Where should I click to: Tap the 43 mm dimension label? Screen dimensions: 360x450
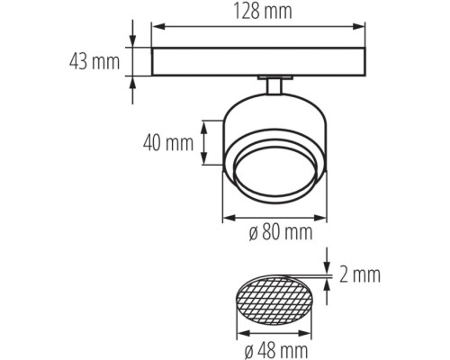point(95,62)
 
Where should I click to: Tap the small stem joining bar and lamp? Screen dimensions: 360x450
point(273,85)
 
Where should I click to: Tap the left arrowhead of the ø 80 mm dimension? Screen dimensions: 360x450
point(227,217)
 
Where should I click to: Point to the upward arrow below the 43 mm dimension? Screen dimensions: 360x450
point(133,82)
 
